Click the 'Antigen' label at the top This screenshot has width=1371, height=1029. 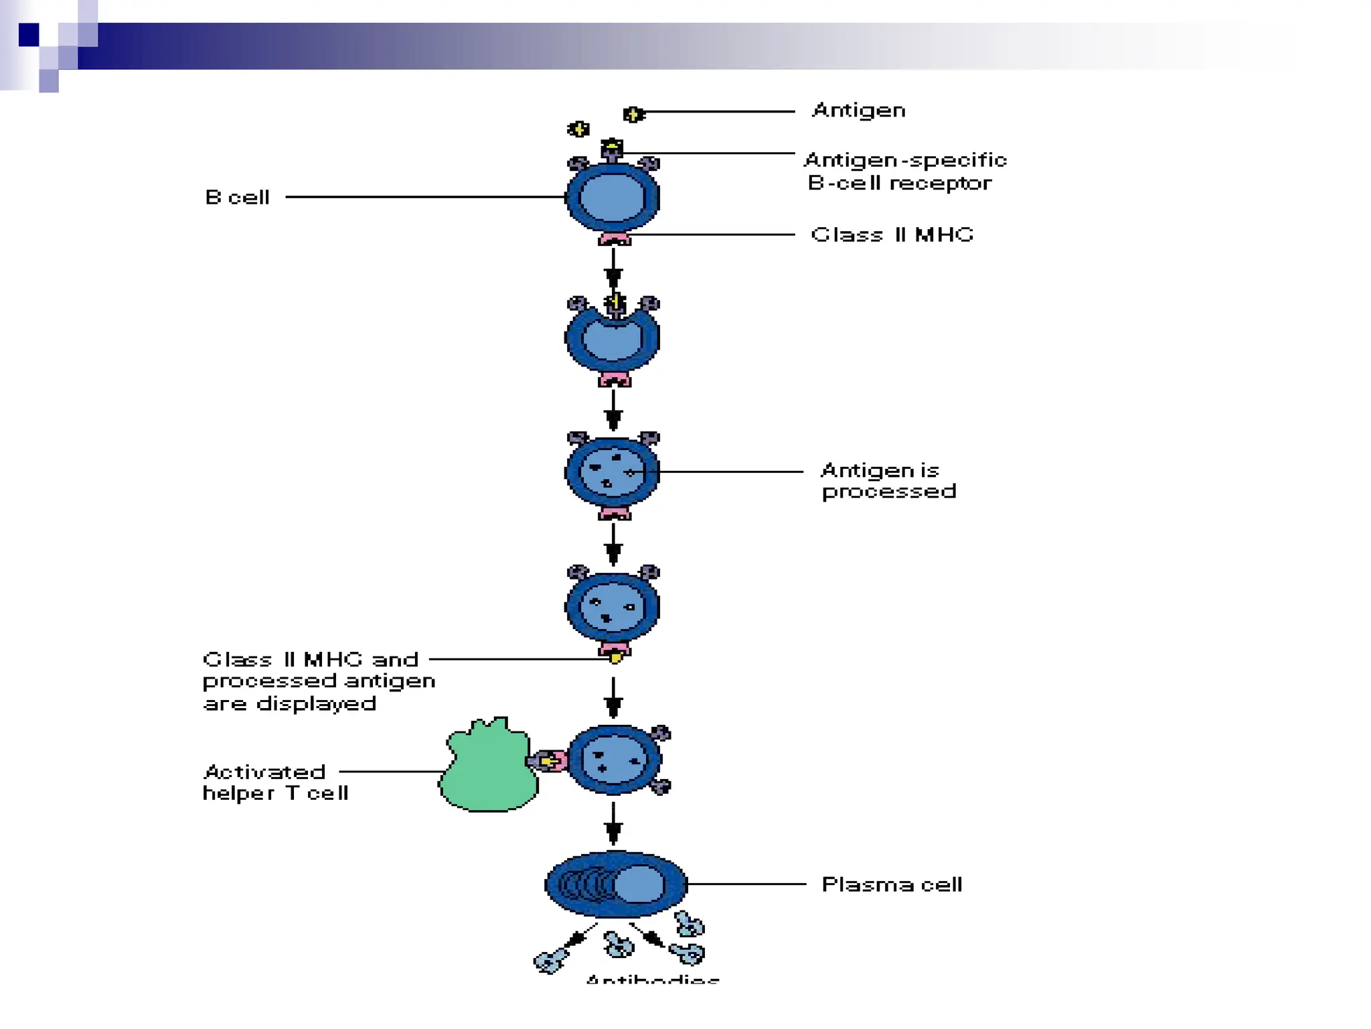[858, 111]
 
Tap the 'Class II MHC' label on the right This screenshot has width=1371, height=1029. [892, 235]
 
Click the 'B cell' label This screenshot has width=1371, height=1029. [238, 198]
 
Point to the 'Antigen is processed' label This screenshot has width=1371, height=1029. [888, 481]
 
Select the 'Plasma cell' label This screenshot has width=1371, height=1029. [892, 885]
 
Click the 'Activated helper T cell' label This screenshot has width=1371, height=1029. [275, 782]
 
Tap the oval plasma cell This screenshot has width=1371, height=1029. [616, 884]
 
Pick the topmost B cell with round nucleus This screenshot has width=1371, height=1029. [613, 198]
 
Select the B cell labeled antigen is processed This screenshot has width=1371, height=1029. [613, 473]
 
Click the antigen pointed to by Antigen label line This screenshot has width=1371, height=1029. [633, 115]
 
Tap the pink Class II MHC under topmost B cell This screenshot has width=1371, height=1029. [614, 239]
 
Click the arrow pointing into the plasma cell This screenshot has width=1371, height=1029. [613, 824]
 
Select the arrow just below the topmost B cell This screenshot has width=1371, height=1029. [613, 268]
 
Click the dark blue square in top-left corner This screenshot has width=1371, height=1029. [29, 34]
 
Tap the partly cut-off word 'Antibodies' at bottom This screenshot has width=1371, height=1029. [653, 979]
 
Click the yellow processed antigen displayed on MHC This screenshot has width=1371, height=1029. [615, 657]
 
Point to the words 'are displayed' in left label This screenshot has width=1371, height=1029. [289, 704]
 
